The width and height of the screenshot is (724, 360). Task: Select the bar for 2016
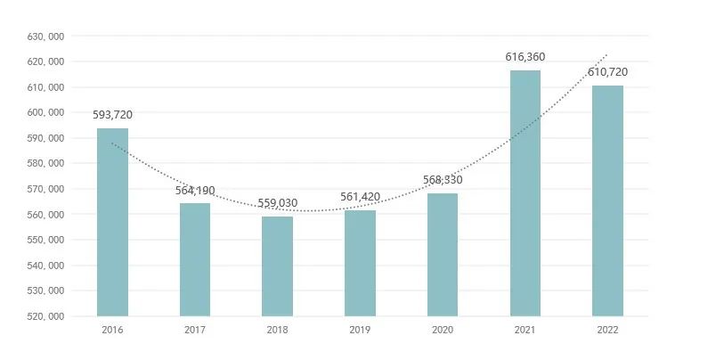tap(112, 222)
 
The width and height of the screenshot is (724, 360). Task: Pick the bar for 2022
tap(607, 200)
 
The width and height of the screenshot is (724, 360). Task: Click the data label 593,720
tap(112, 114)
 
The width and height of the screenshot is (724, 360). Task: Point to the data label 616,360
tap(525, 57)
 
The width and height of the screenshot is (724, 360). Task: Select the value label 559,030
tap(277, 203)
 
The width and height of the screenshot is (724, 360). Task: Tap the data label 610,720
tap(607, 71)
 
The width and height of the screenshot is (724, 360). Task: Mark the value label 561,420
tap(360, 197)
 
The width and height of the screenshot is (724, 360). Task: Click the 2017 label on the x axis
tap(195, 330)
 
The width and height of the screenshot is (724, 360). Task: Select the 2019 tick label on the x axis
tap(360, 330)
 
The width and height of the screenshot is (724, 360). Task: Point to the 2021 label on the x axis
tap(525, 330)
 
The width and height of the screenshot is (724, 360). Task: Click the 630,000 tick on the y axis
tap(45, 37)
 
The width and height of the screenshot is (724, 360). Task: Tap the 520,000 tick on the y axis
tap(45, 316)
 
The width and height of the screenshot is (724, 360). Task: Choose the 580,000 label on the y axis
tap(45, 164)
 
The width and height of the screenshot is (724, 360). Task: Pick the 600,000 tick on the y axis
tap(45, 113)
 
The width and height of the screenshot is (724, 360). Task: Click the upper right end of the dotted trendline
tap(607, 54)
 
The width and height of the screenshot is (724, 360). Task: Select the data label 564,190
tap(195, 190)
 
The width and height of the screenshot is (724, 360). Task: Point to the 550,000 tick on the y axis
tap(45, 240)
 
